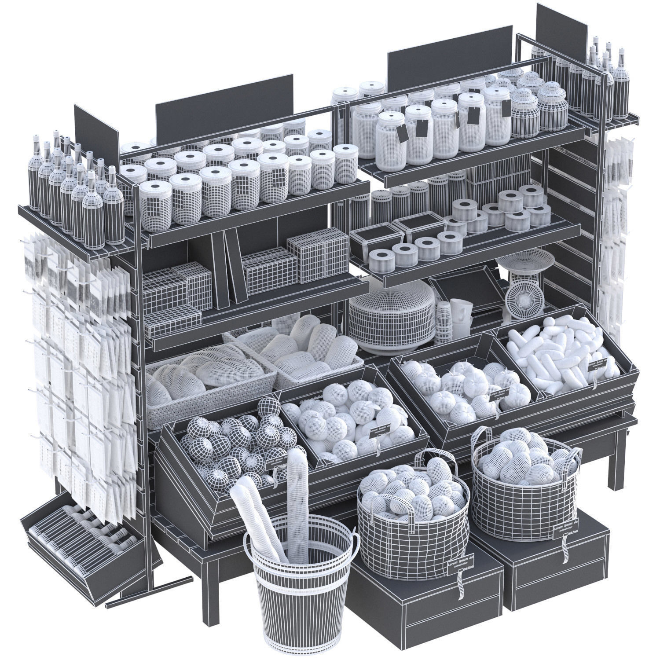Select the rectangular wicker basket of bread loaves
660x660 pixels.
point(207,387)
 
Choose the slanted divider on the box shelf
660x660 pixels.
point(233,268)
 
